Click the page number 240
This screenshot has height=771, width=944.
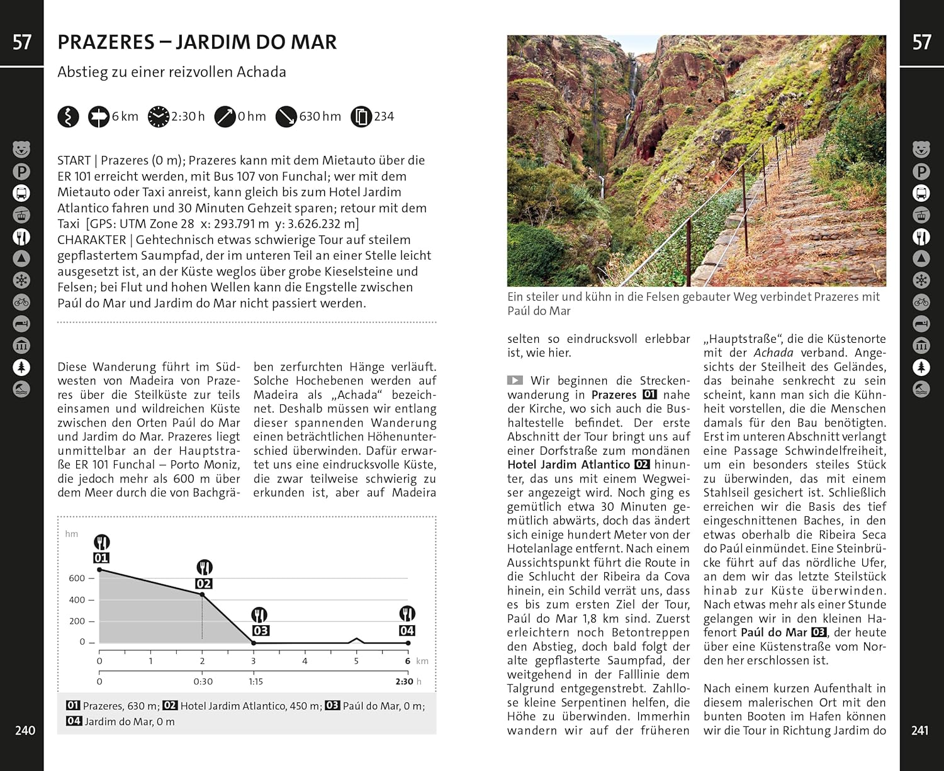tap(25, 730)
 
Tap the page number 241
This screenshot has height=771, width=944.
tap(919, 730)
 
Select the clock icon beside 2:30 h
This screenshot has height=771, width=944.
tap(159, 116)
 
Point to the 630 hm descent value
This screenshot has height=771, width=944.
tap(320, 116)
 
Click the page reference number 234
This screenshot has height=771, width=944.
tap(384, 116)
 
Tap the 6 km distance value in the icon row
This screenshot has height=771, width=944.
tap(125, 116)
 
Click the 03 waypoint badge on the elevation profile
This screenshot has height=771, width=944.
tap(261, 630)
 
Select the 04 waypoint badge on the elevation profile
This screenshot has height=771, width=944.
tap(407, 630)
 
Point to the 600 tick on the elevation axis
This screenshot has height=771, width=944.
tap(77, 578)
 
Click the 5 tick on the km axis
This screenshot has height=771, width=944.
tap(356, 661)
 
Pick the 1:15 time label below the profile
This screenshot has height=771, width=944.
tap(256, 681)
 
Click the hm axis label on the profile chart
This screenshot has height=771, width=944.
tap(72, 534)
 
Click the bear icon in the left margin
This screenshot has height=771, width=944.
tap(21, 150)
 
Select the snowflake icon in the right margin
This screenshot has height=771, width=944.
tap(921, 280)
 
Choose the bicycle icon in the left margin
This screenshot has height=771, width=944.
tap(21, 302)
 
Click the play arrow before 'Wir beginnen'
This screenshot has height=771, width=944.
tap(515, 380)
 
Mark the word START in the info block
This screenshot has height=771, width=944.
tap(74, 160)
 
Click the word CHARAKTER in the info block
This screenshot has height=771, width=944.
tap(92, 240)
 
